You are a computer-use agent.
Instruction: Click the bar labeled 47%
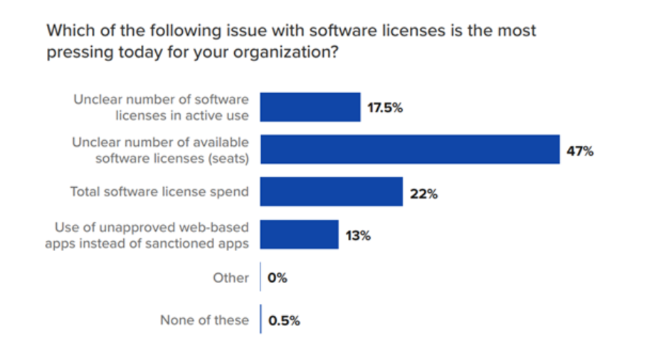pyautogui.click(x=409, y=149)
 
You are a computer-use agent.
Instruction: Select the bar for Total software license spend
pyautogui.click(x=331, y=192)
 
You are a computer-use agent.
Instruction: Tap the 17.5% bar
pyautogui.click(x=310, y=107)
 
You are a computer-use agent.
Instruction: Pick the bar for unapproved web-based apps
pyautogui.click(x=299, y=235)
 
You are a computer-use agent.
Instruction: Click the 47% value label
pyautogui.click(x=580, y=151)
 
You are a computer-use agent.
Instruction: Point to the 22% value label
pyautogui.click(x=423, y=194)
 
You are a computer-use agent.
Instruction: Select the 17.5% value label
pyautogui.click(x=385, y=108)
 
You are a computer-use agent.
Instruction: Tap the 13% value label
pyautogui.click(x=358, y=235)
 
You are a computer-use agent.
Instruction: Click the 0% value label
pyautogui.click(x=278, y=278)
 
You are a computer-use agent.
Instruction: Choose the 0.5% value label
pyautogui.click(x=284, y=320)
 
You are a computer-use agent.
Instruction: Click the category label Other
pyautogui.click(x=231, y=277)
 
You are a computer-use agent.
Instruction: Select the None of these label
pyautogui.click(x=204, y=320)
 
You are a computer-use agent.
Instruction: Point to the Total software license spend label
pyautogui.click(x=159, y=192)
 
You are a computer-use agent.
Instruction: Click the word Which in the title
pyautogui.click(x=68, y=31)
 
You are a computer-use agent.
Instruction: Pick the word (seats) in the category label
pyautogui.click(x=228, y=158)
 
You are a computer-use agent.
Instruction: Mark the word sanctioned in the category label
pyautogui.click(x=190, y=243)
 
